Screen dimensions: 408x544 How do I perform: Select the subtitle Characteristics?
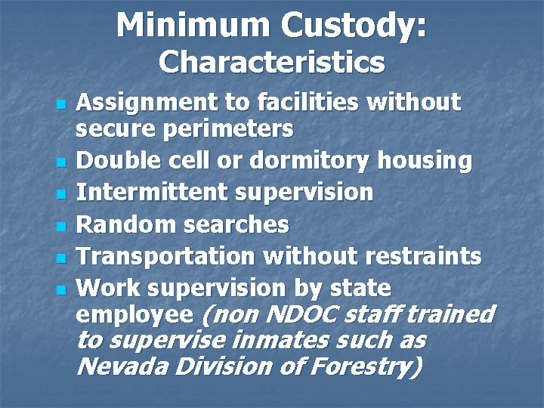[x=271, y=62]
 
